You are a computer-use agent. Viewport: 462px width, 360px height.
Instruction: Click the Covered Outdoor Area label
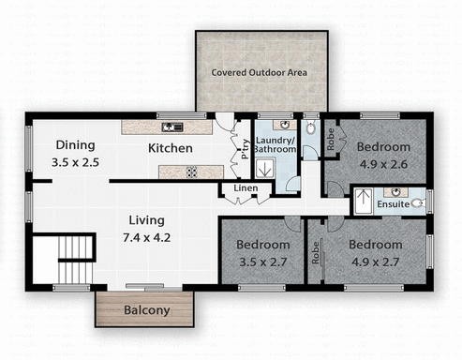click(261, 72)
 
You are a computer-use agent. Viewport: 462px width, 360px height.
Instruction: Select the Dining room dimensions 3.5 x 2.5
click(76, 162)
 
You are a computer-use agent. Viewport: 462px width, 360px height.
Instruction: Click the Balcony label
click(147, 310)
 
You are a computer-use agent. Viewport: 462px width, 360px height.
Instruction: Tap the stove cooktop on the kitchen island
click(191, 172)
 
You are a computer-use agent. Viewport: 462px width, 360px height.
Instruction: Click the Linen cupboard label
click(246, 189)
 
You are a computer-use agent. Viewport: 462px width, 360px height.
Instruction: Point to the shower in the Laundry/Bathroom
click(266, 169)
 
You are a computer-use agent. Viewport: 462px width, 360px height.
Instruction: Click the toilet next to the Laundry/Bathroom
click(310, 127)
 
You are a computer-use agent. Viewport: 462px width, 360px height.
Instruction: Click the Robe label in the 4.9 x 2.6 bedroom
click(332, 138)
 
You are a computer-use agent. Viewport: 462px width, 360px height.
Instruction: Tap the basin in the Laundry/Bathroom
click(283, 125)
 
